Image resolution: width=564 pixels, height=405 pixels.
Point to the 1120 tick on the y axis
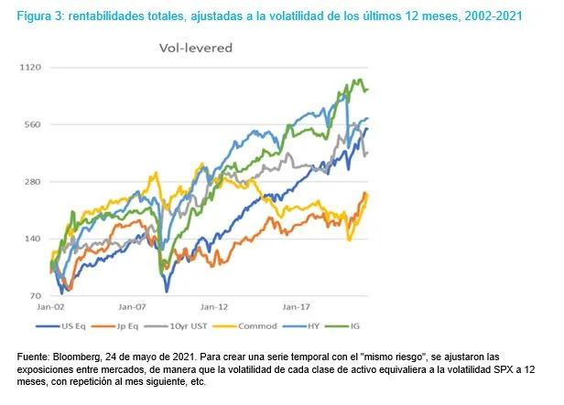click(33, 68)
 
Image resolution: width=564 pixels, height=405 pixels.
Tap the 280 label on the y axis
click(35, 182)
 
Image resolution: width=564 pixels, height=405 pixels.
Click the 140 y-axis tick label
click(35, 240)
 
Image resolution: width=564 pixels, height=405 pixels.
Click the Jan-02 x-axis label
click(51, 309)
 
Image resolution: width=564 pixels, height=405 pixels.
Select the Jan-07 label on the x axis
click(134, 309)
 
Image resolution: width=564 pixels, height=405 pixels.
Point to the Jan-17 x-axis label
click(296, 309)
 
